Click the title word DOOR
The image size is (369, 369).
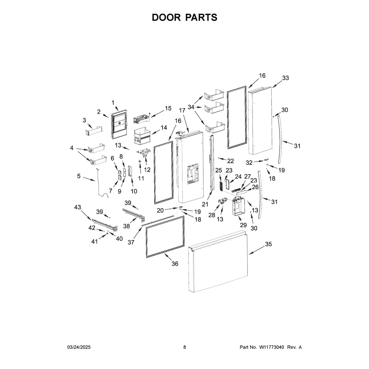click(166, 17)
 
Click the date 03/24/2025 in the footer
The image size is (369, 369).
click(79, 347)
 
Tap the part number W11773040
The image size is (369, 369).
click(272, 347)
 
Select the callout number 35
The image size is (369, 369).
click(268, 244)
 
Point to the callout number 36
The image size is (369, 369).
click(175, 264)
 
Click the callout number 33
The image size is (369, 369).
click(286, 78)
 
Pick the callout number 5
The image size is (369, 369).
click(79, 176)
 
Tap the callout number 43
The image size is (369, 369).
click(77, 207)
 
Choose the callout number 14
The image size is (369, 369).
click(164, 128)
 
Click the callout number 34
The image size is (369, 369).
click(191, 107)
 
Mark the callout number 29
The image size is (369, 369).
click(243, 225)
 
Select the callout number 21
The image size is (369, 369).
click(205, 204)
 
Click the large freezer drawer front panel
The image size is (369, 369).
click(218, 261)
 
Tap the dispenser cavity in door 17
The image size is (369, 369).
click(193, 174)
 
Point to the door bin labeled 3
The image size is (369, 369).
click(94, 131)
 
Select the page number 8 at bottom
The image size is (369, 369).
click(184, 347)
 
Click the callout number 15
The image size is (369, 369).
click(168, 108)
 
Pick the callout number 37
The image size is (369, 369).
click(131, 242)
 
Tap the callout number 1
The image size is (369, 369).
click(113, 103)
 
